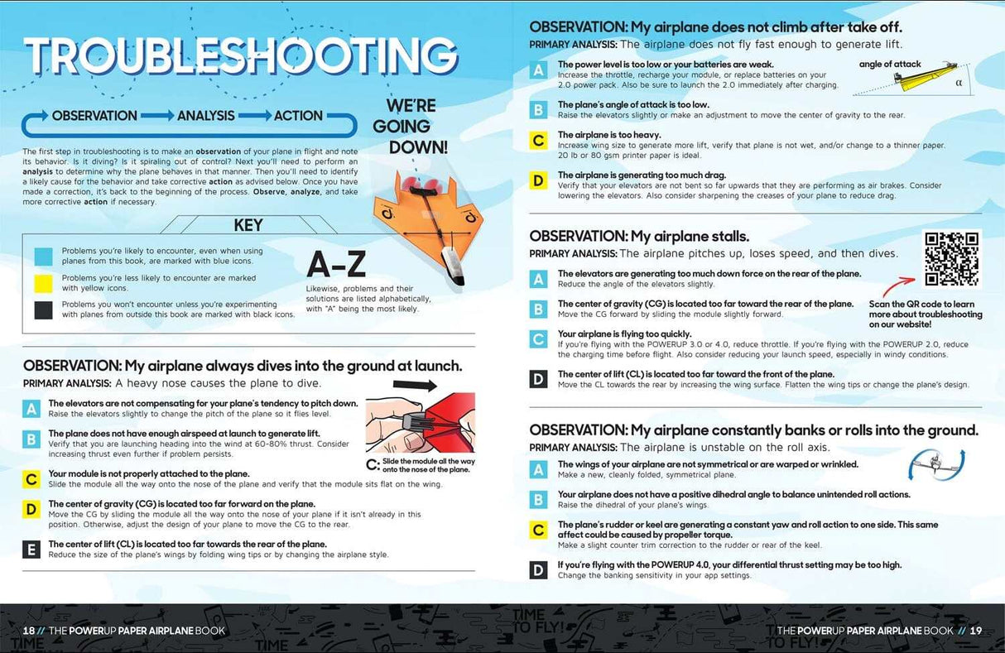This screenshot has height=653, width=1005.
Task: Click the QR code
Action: pyautogui.click(x=952, y=258)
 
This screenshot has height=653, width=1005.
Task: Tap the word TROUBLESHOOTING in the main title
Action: pyautogui.click(x=241, y=55)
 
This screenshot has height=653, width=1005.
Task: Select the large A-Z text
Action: pyautogui.click(x=336, y=264)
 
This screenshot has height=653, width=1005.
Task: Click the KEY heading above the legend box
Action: pyautogui.click(x=248, y=224)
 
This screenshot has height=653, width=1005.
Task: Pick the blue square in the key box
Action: pyautogui.click(x=44, y=257)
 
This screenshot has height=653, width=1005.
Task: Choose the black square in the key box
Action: pyautogui.click(x=44, y=310)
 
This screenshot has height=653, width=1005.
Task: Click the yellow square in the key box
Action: pyautogui.click(x=44, y=283)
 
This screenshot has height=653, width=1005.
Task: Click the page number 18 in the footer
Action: pyautogui.click(x=29, y=631)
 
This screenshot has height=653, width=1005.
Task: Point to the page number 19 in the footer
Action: pyautogui.click(x=975, y=631)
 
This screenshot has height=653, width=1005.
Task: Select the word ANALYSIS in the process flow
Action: pyautogui.click(x=206, y=116)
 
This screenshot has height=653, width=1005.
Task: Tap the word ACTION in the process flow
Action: pyautogui.click(x=298, y=116)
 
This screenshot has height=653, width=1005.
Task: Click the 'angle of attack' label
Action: pyautogui.click(x=890, y=64)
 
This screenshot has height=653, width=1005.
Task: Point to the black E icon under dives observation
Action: pyautogui.click(x=31, y=549)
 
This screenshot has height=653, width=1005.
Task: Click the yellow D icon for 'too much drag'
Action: pyautogui.click(x=538, y=180)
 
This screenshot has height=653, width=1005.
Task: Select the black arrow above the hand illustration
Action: pyautogui.click(x=415, y=385)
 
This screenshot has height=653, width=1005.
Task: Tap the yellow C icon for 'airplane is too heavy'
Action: pyautogui.click(x=538, y=140)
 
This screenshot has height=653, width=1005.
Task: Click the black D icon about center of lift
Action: pyautogui.click(x=538, y=379)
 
